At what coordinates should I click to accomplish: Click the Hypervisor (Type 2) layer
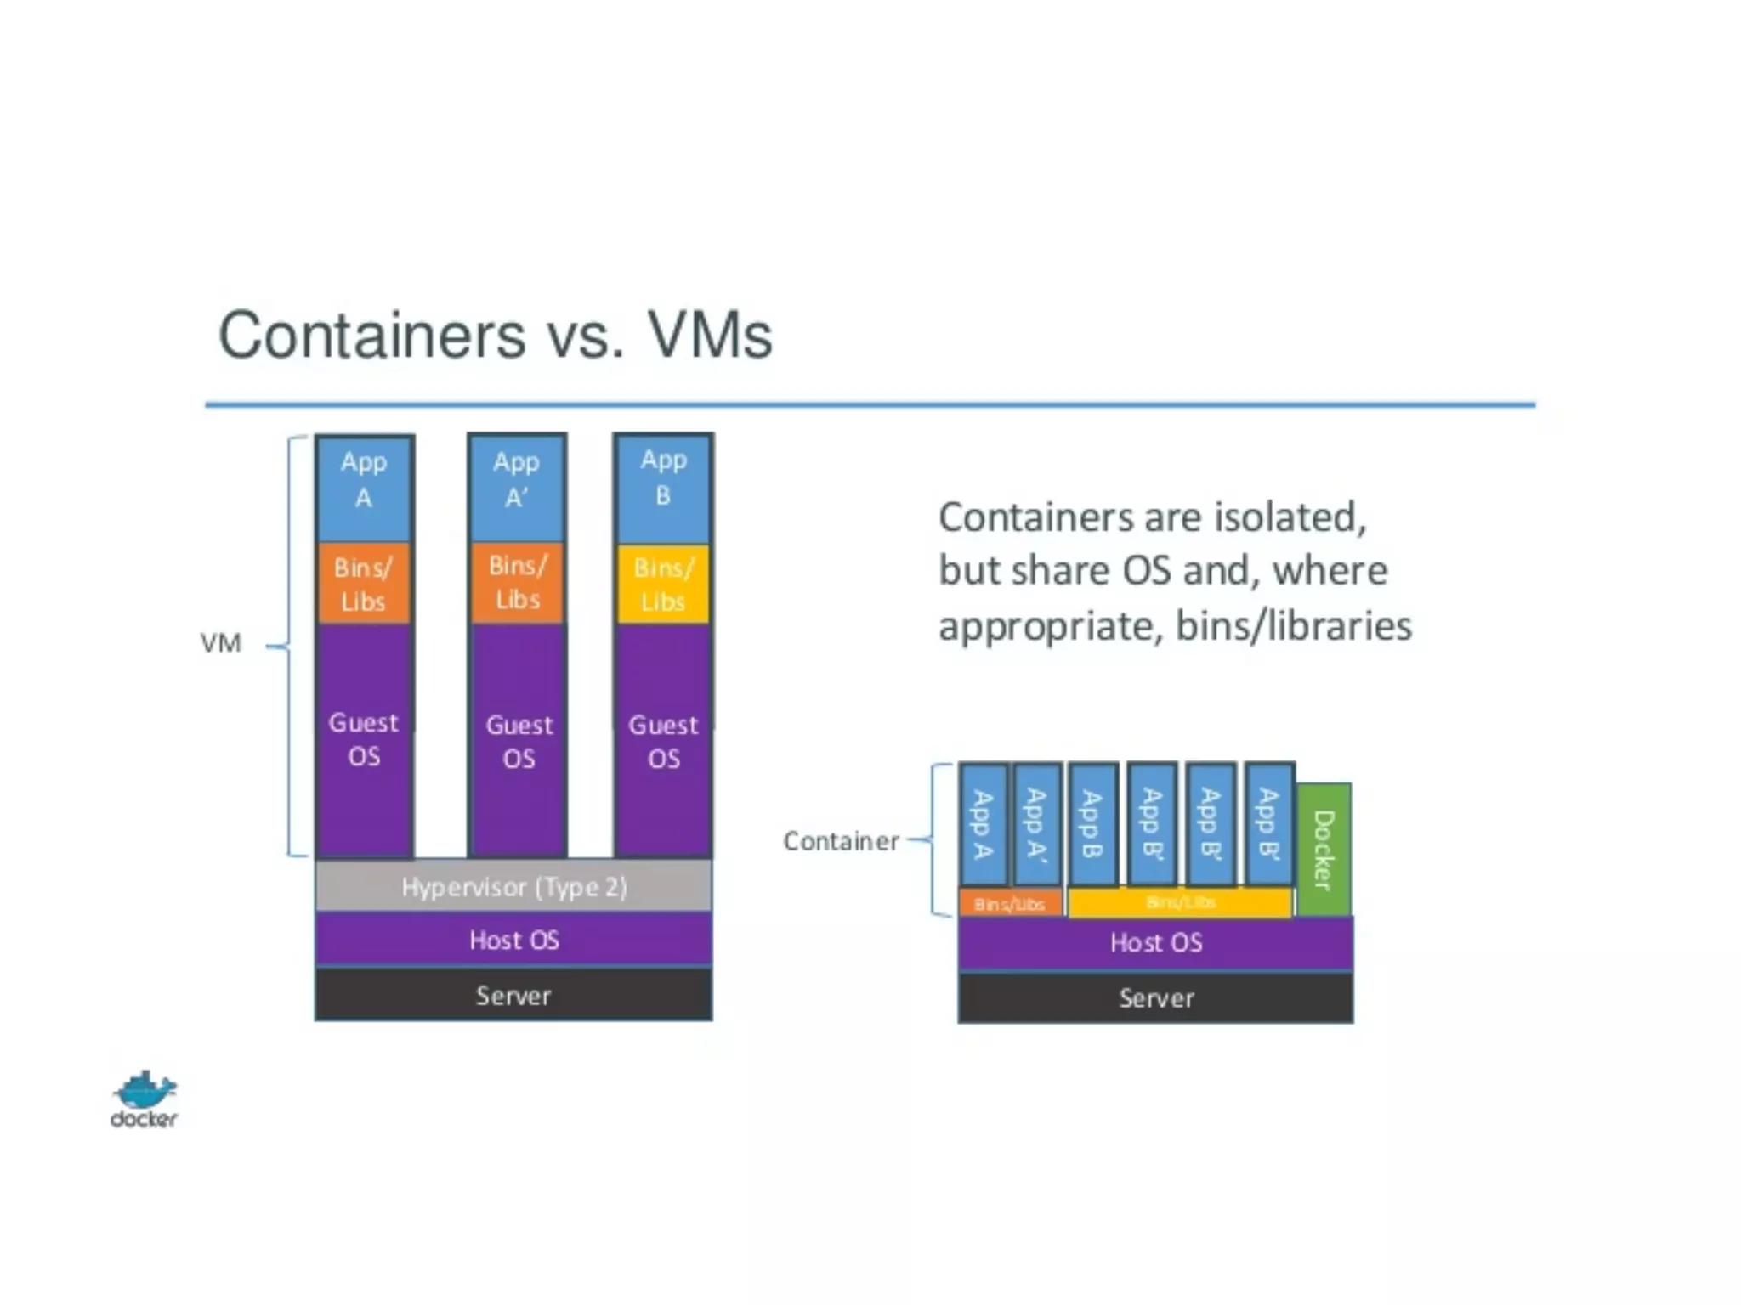pos(513,886)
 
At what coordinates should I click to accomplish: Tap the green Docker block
pos(1324,850)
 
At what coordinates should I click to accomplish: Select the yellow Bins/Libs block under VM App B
pos(663,585)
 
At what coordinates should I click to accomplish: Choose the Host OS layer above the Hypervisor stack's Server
pos(513,940)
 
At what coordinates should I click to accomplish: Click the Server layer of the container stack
pos(1155,997)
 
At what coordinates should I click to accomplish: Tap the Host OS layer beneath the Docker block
pos(1155,942)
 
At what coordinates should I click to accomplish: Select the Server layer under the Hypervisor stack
pos(513,995)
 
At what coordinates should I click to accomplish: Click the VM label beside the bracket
pos(221,643)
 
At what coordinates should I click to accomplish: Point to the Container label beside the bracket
pos(840,841)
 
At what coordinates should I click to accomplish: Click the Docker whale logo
pos(144,1099)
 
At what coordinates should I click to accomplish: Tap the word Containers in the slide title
pos(371,335)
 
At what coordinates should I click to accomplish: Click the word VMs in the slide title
pos(710,335)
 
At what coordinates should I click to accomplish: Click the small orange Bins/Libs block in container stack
pos(1010,903)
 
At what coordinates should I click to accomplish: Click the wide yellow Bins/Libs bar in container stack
pos(1180,902)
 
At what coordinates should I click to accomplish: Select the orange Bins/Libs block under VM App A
pos(364,585)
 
